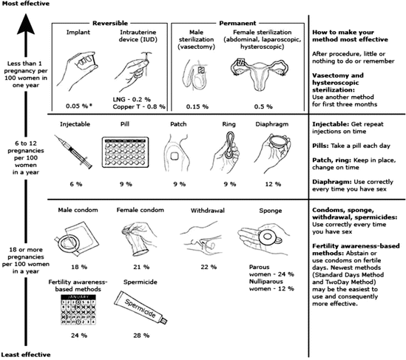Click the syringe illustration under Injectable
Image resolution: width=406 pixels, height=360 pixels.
click(x=73, y=152)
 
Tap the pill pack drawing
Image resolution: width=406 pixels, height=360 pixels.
click(x=125, y=152)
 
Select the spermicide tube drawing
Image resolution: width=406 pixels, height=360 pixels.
click(x=141, y=308)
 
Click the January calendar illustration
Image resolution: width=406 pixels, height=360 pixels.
click(x=78, y=310)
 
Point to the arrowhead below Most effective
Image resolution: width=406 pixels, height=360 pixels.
click(x=26, y=24)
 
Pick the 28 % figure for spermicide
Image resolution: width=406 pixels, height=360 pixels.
click(x=141, y=336)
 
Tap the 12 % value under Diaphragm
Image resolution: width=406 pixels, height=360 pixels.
click(x=273, y=184)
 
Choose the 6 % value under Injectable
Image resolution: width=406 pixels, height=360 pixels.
click(x=76, y=184)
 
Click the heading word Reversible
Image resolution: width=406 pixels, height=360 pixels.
click(x=110, y=24)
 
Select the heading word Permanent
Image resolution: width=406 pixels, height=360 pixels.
click(x=237, y=24)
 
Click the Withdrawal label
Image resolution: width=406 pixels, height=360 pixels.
click(x=208, y=211)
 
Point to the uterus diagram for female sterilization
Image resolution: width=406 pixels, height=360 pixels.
click(x=260, y=74)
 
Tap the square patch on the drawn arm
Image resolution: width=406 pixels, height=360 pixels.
click(x=175, y=156)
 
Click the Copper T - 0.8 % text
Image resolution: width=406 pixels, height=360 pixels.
click(x=139, y=106)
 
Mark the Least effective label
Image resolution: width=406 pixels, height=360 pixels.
click(x=26, y=354)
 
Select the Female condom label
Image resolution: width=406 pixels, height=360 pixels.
click(x=140, y=210)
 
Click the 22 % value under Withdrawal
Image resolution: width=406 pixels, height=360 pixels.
click(x=209, y=267)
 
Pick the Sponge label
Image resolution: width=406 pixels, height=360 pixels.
click(x=271, y=211)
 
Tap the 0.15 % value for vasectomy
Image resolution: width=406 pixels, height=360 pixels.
click(x=197, y=106)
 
